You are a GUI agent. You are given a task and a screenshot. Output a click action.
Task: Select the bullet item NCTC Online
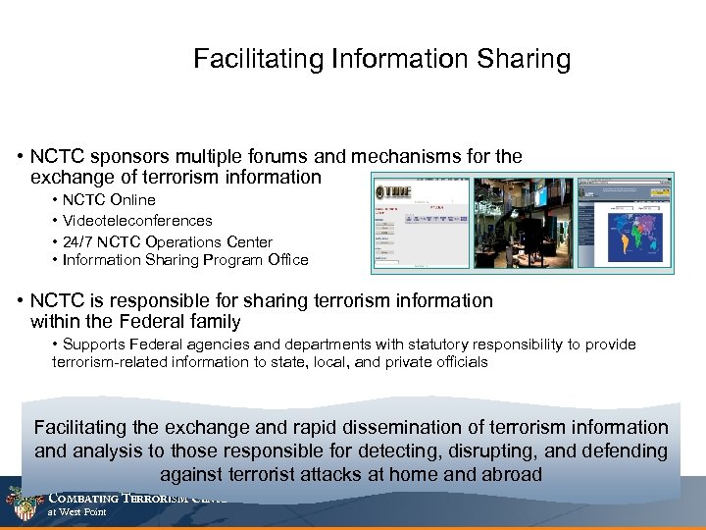[108, 200]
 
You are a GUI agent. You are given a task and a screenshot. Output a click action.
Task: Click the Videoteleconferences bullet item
[136, 221]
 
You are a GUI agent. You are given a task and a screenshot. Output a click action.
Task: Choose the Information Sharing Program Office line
[184, 260]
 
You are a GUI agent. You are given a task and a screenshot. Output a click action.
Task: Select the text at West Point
[77, 511]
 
